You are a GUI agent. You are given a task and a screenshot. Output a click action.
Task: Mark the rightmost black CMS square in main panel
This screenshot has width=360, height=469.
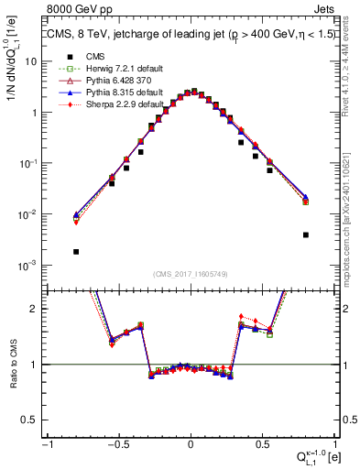click(305, 234)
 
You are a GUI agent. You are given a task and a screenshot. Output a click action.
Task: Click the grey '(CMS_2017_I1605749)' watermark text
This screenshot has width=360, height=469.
click(191, 275)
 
